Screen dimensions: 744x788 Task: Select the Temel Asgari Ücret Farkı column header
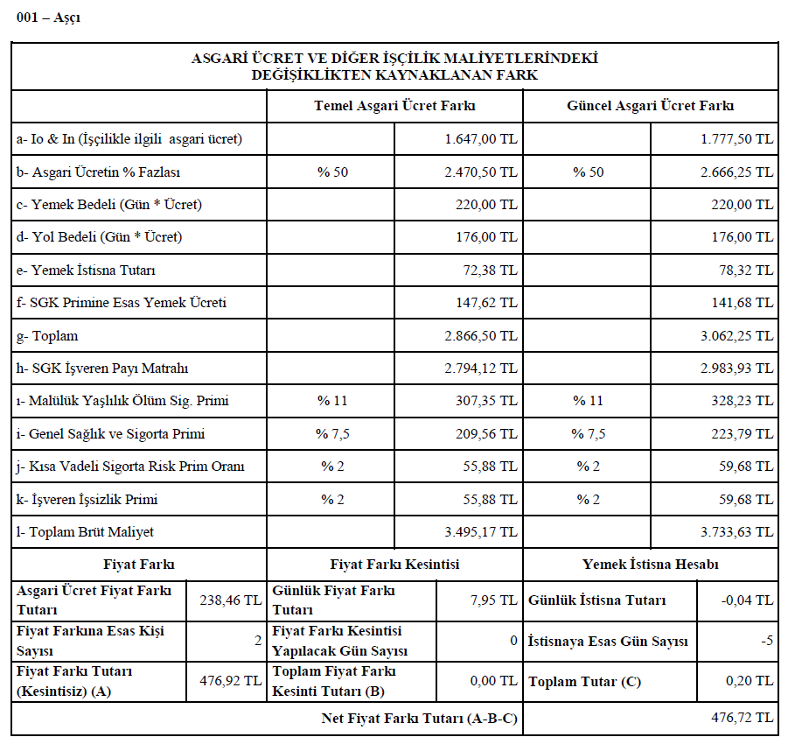tap(394, 106)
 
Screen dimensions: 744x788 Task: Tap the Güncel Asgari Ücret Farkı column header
tap(650, 106)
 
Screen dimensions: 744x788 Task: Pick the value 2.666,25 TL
tap(736, 172)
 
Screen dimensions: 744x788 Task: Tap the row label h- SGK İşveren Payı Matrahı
tap(102, 368)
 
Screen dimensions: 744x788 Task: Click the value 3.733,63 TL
tap(736, 532)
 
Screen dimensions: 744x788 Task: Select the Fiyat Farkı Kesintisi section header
tap(394, 565)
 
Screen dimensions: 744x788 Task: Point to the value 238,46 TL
tap(228, 600)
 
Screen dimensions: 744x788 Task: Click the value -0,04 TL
tap(750, 600)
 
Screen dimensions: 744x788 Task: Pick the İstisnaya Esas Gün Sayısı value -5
tap(767, 642)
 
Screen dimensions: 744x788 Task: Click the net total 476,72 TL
tap(741, 718)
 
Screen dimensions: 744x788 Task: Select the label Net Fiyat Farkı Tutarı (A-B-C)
tap(420, 719)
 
